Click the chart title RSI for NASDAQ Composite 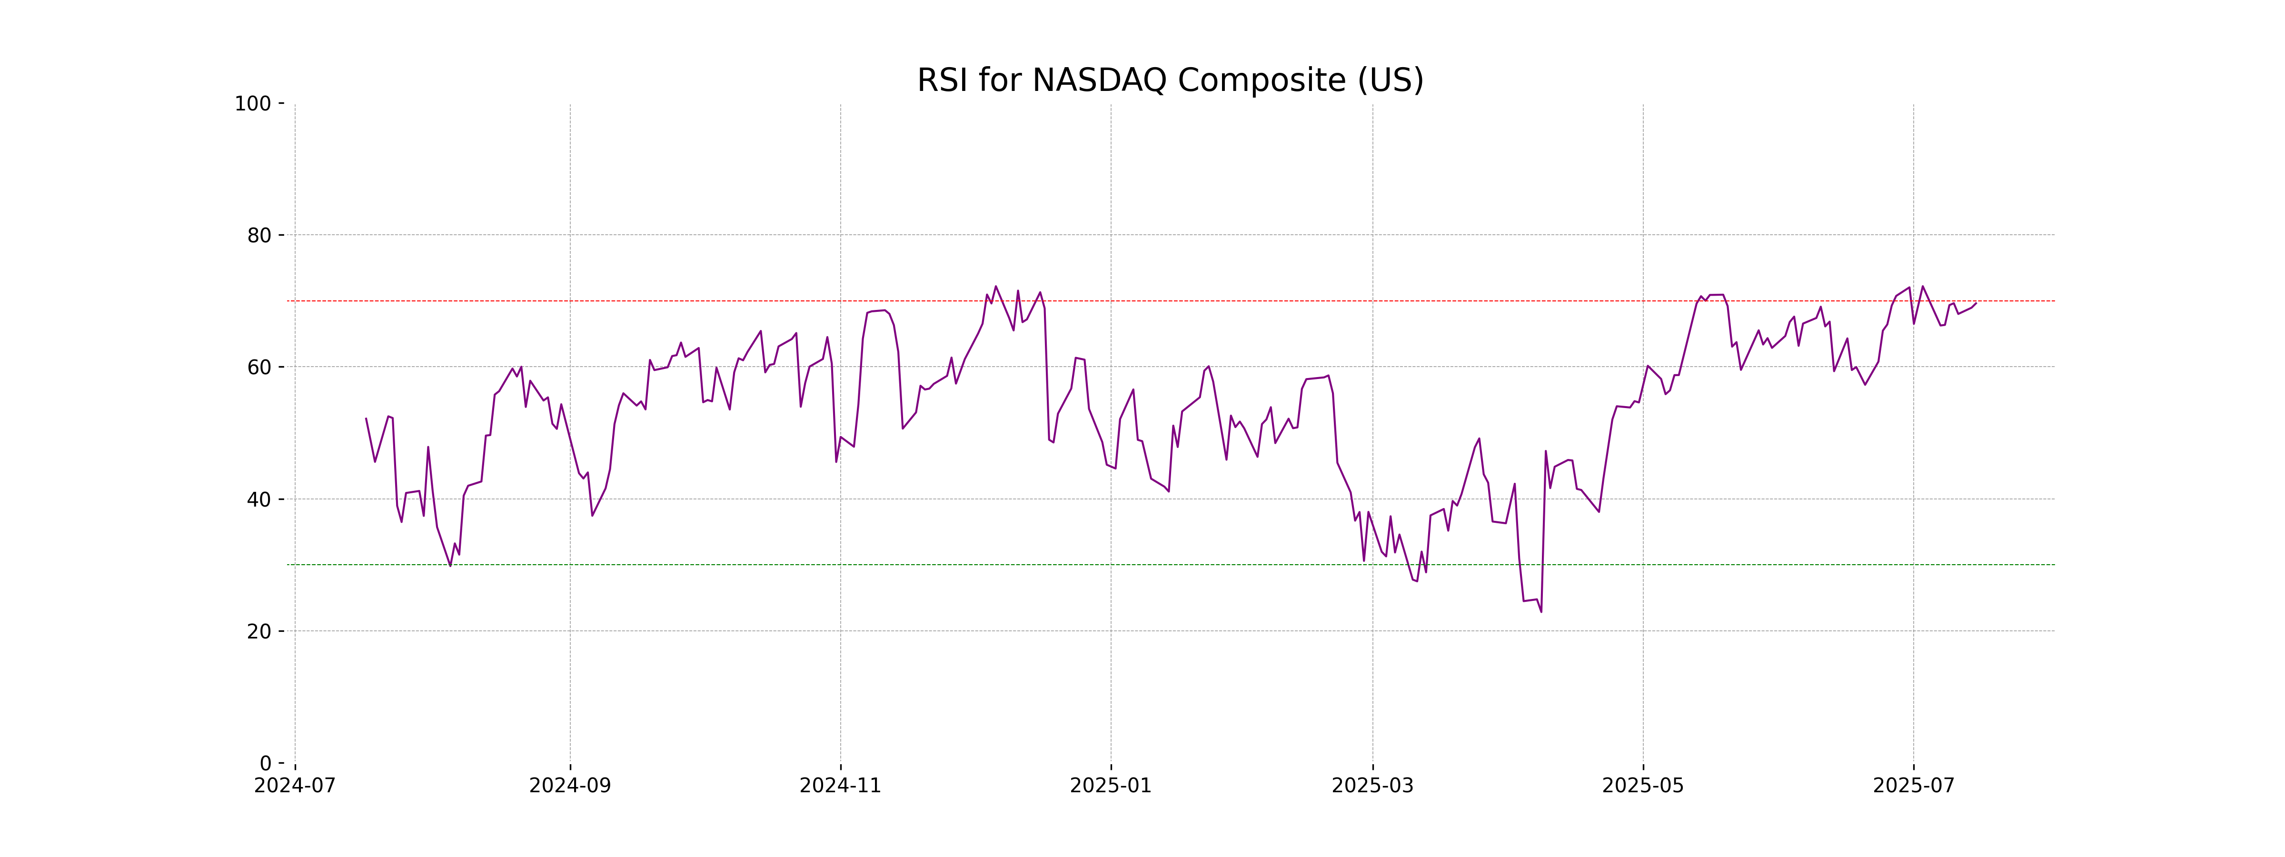click(1170, 81)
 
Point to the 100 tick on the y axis click(253, 104)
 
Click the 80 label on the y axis click(259, 236)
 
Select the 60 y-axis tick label click(259, 367)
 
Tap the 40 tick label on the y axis click(259, 499)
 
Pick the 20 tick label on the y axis click(259, 632)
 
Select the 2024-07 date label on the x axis click(295, 786)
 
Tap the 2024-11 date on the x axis click(840, 786)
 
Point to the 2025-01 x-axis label click(1111, 786)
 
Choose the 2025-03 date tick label click(1372, 786)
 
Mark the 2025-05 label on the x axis click(1643, 786)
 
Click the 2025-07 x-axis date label click(1913, 786)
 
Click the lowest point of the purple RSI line click(1541, 611)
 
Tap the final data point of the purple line click(1976, 303)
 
